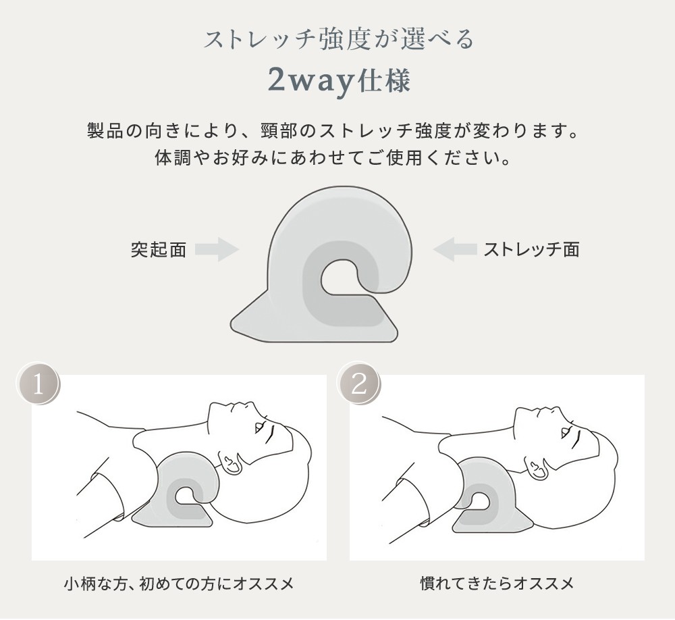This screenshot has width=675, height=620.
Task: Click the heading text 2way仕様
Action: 339,80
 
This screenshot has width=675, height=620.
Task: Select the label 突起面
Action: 159,249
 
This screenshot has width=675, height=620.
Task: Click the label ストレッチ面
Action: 531,249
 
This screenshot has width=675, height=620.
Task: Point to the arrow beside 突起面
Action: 217,249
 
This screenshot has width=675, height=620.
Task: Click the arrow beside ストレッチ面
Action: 454,249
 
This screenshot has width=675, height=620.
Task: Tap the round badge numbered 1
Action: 38,384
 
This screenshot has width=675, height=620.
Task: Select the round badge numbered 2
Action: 359,384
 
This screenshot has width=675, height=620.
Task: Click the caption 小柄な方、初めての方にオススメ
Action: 179,584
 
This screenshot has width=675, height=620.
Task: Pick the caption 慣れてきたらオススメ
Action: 497,584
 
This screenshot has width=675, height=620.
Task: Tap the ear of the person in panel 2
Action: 535,467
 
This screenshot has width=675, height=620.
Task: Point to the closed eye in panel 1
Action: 260,427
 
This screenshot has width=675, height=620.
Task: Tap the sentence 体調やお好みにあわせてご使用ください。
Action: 333,157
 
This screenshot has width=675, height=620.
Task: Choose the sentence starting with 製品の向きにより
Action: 333,130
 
